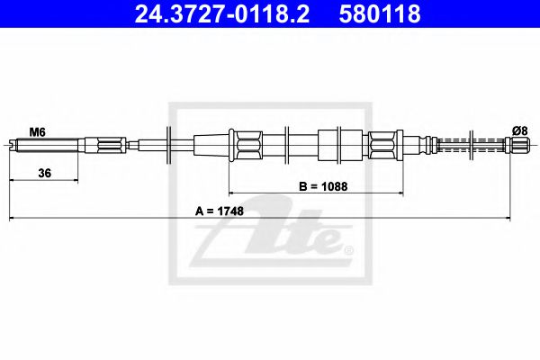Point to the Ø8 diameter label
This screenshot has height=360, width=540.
click(x=519, y=130)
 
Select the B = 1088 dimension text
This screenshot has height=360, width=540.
click(x=322, y=187)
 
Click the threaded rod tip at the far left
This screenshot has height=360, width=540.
click(x=14, y=144)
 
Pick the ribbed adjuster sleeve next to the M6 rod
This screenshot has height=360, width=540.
click(x=106, y=144)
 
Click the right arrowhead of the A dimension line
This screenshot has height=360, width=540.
click(x=528, y=219)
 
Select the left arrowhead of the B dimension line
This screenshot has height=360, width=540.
click(x=233, y=193)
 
